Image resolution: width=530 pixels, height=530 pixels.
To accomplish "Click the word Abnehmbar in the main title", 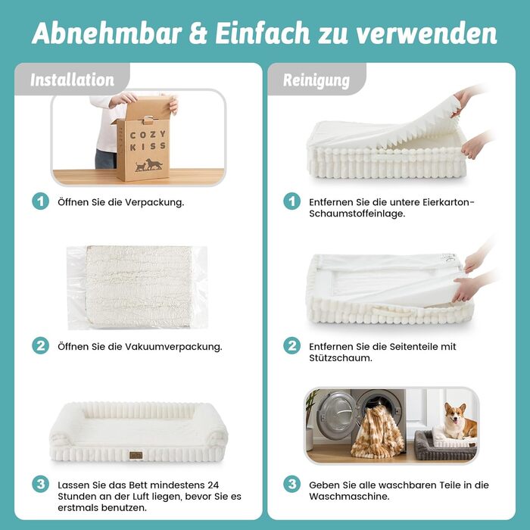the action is (x=107, y=33).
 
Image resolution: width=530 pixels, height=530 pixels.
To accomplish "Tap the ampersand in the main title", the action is (x=198, y=33).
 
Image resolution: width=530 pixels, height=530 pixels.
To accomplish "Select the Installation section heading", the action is (x=73, y=79).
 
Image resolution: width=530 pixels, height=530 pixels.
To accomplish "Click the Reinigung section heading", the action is (x=316, y=80).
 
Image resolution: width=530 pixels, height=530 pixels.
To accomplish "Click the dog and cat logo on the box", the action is (x=148, y=165).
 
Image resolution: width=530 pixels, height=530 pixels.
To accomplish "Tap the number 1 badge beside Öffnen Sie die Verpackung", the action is (x=41, y=201).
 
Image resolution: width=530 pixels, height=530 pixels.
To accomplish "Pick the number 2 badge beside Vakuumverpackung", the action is (x=41, y=346).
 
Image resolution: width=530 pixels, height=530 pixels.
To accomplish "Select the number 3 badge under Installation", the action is (x=41, y=485).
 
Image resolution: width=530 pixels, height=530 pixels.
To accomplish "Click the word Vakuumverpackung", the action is (x=173, y=347).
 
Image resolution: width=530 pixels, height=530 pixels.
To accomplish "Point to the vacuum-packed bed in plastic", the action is (x=137, y=287).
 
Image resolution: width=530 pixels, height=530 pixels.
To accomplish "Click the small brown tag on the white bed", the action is (x=136, y=455).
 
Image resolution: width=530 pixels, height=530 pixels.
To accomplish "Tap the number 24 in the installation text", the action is (x=213, y=485).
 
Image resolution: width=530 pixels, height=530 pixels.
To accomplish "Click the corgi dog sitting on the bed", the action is (x=457, y=422).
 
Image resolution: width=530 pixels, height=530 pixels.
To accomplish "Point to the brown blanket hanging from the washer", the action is (x=378, y=432).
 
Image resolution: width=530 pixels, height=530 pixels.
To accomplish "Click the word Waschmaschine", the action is (x=349, y=497).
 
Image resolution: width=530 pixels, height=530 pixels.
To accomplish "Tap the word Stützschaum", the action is (x=341, y=358).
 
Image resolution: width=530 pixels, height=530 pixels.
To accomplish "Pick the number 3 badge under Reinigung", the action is (x=291, y=485).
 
